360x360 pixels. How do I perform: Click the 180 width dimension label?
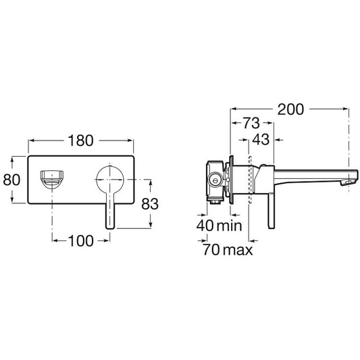pos(81,140)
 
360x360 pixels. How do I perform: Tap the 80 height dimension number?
pos(11,180)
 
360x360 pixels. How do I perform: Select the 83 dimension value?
pos(150,204)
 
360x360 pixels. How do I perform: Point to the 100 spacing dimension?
pos(81,241)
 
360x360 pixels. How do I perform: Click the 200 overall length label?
pos(290,109)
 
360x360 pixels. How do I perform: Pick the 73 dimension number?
pos(251,123)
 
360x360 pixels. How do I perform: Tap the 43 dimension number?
pos(261,139)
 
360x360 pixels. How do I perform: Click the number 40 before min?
pos(205,225)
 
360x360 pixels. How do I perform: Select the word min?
pos(230,226)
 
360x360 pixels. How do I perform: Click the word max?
pos(238,250)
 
